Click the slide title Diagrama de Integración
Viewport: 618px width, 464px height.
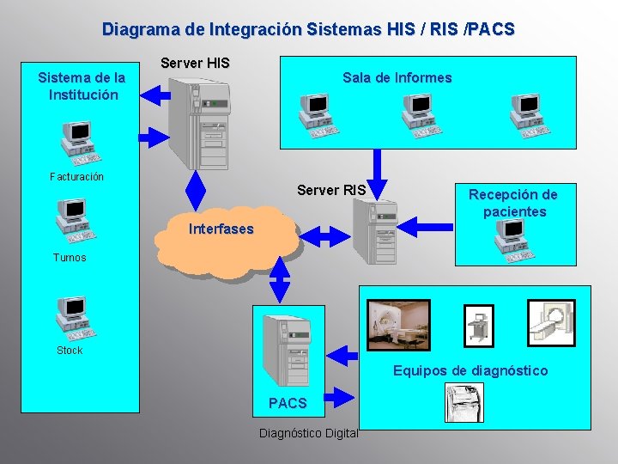308,29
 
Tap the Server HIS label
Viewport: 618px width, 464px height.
195,64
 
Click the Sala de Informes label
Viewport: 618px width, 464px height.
397,78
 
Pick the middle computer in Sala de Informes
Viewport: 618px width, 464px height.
420,115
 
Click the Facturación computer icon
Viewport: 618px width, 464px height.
77,143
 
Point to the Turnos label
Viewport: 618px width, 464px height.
70,258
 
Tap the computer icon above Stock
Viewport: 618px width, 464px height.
76,316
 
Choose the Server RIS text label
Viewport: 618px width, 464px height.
331,190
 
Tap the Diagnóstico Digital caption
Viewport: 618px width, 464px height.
308,433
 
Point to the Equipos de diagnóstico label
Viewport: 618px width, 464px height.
470,371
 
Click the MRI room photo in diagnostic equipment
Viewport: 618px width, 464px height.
398,325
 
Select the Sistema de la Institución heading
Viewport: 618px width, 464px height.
82,86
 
